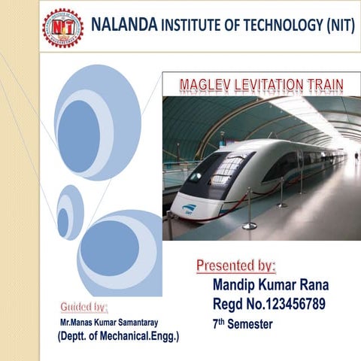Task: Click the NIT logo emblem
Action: pos(63,29)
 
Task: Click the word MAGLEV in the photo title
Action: pos(207,84)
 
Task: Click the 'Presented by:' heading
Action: pos(236,265)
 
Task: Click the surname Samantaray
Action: pos(150,322)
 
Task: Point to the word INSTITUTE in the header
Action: pos(194,26)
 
